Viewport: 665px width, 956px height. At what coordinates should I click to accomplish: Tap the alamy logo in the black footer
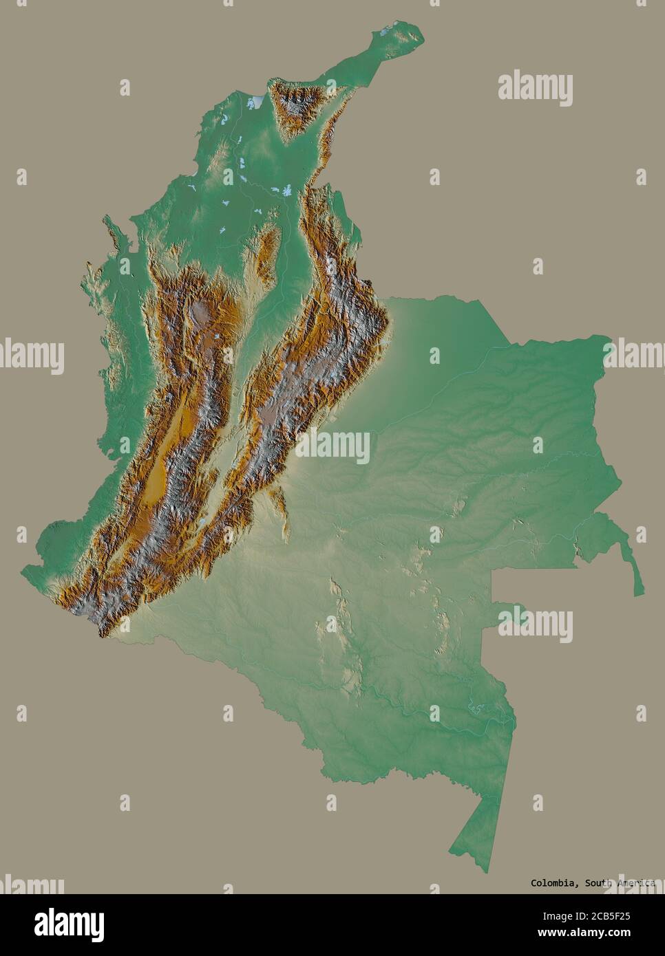click(x=61, y=922)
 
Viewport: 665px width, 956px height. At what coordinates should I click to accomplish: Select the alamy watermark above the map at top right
click(x=535, y=89)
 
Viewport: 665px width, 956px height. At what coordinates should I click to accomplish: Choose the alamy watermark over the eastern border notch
click(x=535, y=623)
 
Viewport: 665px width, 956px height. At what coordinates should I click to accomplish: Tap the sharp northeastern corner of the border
click(x=610, y=337)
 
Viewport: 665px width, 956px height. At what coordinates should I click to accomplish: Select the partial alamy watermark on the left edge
click(x=32, y=356)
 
